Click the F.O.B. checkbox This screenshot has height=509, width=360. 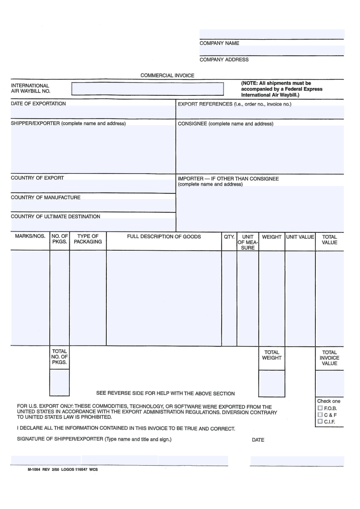320,408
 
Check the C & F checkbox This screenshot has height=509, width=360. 320,415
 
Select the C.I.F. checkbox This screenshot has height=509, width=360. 320,421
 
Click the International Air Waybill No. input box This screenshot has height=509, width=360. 147,89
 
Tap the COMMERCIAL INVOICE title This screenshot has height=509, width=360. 167,75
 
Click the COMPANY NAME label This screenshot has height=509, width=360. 219,43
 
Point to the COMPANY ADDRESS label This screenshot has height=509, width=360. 224,60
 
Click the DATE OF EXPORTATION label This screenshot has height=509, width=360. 38,103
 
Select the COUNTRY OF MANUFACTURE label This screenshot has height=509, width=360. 46,197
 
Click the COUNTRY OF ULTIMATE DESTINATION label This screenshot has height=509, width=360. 55,217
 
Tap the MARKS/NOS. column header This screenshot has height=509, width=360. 30,237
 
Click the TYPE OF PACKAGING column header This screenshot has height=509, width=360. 88,239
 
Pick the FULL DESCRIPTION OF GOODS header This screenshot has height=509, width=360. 164,237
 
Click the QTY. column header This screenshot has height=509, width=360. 229,237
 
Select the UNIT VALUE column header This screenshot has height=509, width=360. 300,237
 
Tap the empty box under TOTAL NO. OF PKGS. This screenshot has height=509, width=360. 60,382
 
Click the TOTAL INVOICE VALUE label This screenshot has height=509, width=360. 329,358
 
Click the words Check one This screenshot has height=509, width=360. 329,401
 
